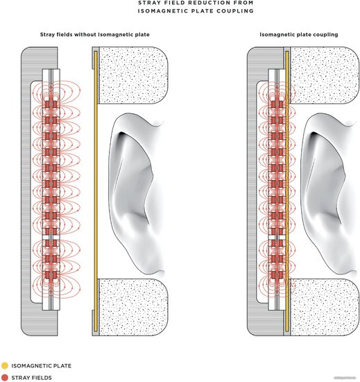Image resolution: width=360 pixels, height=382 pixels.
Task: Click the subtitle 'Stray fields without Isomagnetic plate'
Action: click(x=94, y=35)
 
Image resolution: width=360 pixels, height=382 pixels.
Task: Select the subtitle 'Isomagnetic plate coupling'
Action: click(x=299, y=35)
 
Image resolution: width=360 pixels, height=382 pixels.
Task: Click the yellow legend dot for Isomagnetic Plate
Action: click(x=5, y=365)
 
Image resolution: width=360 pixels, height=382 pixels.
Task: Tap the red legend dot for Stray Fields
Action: click(x=5, y=378)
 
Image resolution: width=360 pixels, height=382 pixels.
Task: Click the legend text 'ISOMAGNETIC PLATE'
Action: click(x=42, y=365)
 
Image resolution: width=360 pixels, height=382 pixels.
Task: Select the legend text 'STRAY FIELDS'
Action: click(x=32, y=378)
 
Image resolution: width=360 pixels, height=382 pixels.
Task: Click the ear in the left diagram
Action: click(x=136, y=192)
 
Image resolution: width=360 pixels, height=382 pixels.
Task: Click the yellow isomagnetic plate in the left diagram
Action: click(x=96, y=191)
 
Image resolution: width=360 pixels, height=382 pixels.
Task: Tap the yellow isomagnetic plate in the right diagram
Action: click(x=287, y=191)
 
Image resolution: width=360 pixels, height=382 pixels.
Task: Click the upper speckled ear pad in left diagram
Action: click(x=132, y=75)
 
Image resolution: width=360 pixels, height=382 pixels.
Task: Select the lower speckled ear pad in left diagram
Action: click(x=132, y=307)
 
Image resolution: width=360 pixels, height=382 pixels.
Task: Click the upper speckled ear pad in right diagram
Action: click(x=325, y=75)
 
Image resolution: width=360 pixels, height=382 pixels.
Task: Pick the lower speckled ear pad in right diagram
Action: click(x=325, y=307)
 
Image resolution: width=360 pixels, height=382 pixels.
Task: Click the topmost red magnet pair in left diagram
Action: click(x=51, y=104)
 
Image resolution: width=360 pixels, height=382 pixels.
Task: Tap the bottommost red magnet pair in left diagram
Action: click(x=51, y=275)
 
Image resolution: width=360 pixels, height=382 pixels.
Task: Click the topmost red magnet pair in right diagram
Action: click(x=277, y=104)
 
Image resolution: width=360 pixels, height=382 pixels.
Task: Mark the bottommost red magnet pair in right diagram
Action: click(x=277, y=275)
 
